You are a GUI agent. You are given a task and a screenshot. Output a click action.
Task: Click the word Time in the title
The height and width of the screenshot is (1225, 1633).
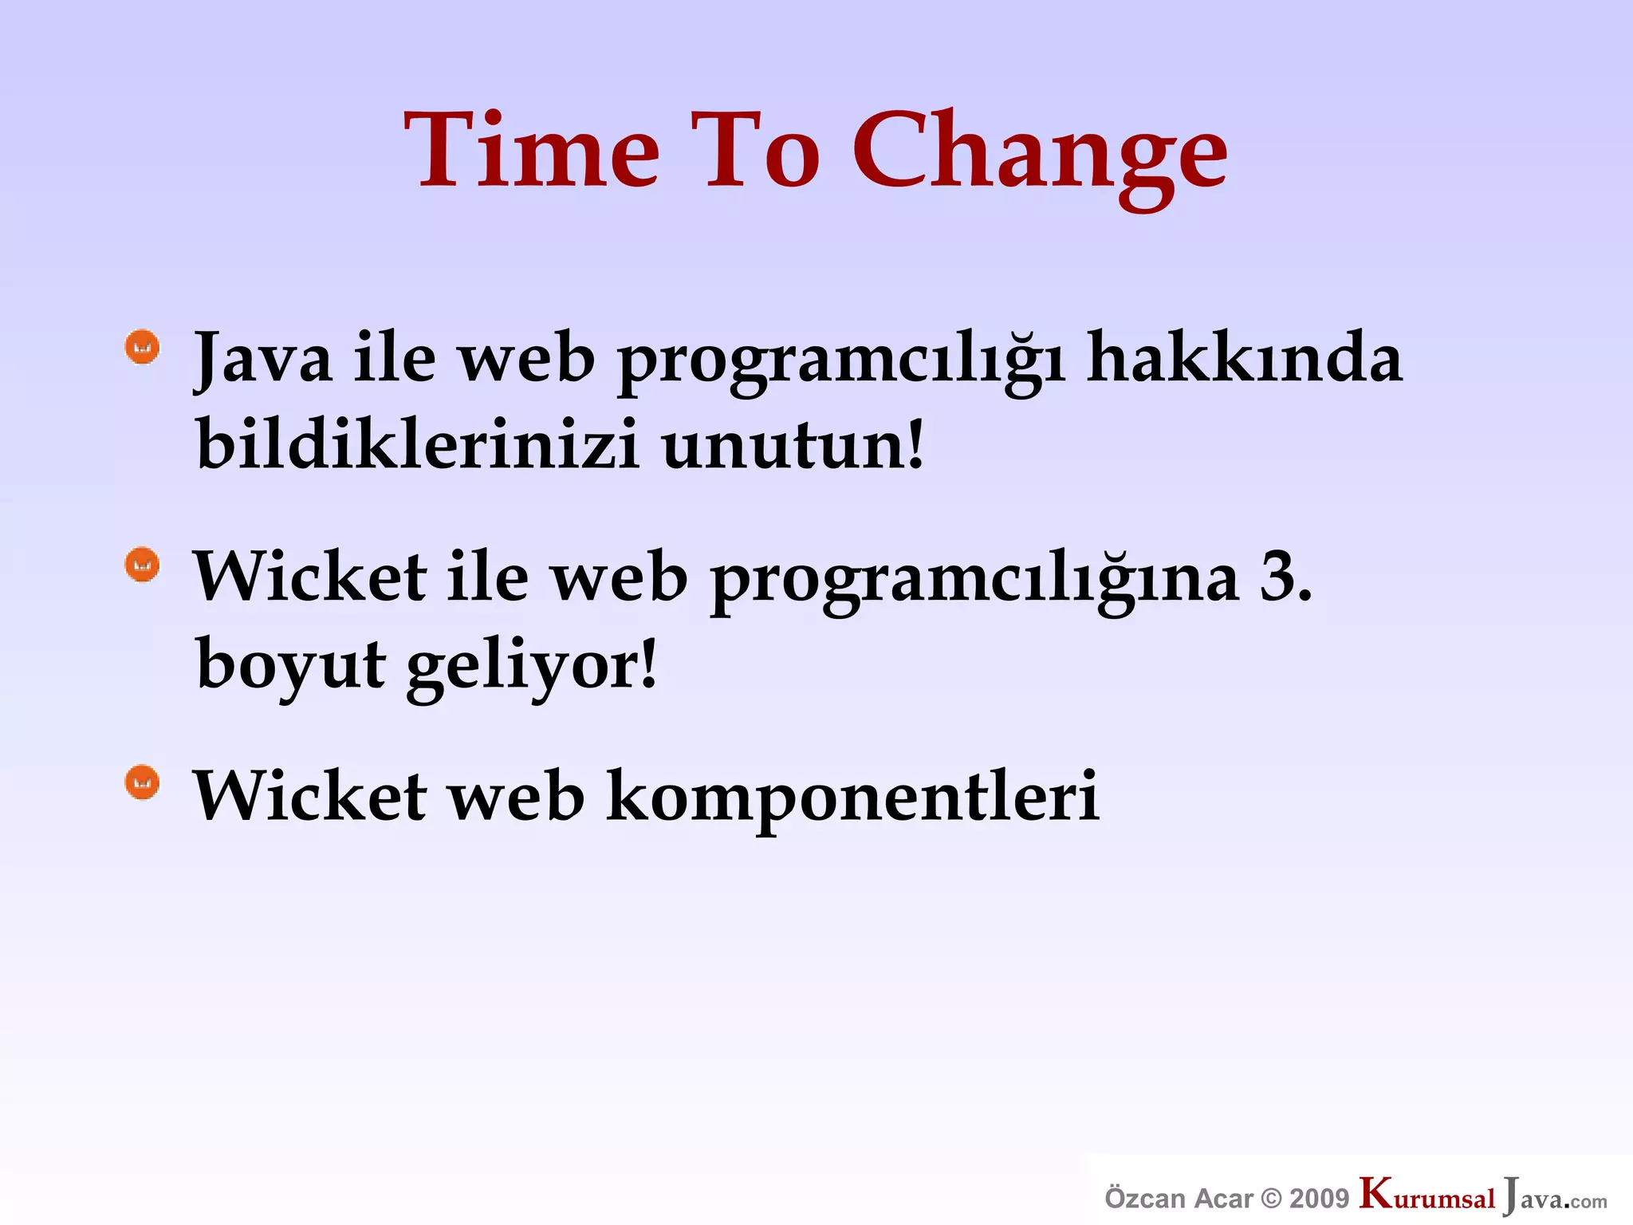[533, 152]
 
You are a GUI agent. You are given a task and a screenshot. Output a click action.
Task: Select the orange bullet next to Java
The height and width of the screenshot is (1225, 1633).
[143, 347]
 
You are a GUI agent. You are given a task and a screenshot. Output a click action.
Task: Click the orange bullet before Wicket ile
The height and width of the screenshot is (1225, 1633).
[143, 565]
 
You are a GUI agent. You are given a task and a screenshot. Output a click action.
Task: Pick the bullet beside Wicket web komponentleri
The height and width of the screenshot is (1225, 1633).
[143, 782]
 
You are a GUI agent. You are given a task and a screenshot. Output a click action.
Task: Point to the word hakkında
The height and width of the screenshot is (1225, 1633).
[1244, 359]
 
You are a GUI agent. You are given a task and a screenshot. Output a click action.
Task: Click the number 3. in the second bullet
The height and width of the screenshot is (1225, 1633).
[1285, 577]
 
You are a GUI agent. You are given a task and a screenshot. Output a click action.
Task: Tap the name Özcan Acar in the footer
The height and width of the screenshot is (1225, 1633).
[1178, 1199]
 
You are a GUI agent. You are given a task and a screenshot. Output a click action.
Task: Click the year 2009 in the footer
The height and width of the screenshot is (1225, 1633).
[1319, 1199]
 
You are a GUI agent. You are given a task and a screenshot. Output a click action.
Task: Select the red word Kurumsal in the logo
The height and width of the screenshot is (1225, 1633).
[1427, 1196]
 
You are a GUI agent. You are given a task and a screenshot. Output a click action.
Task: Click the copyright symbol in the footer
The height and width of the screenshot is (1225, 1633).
[1273, 1199]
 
